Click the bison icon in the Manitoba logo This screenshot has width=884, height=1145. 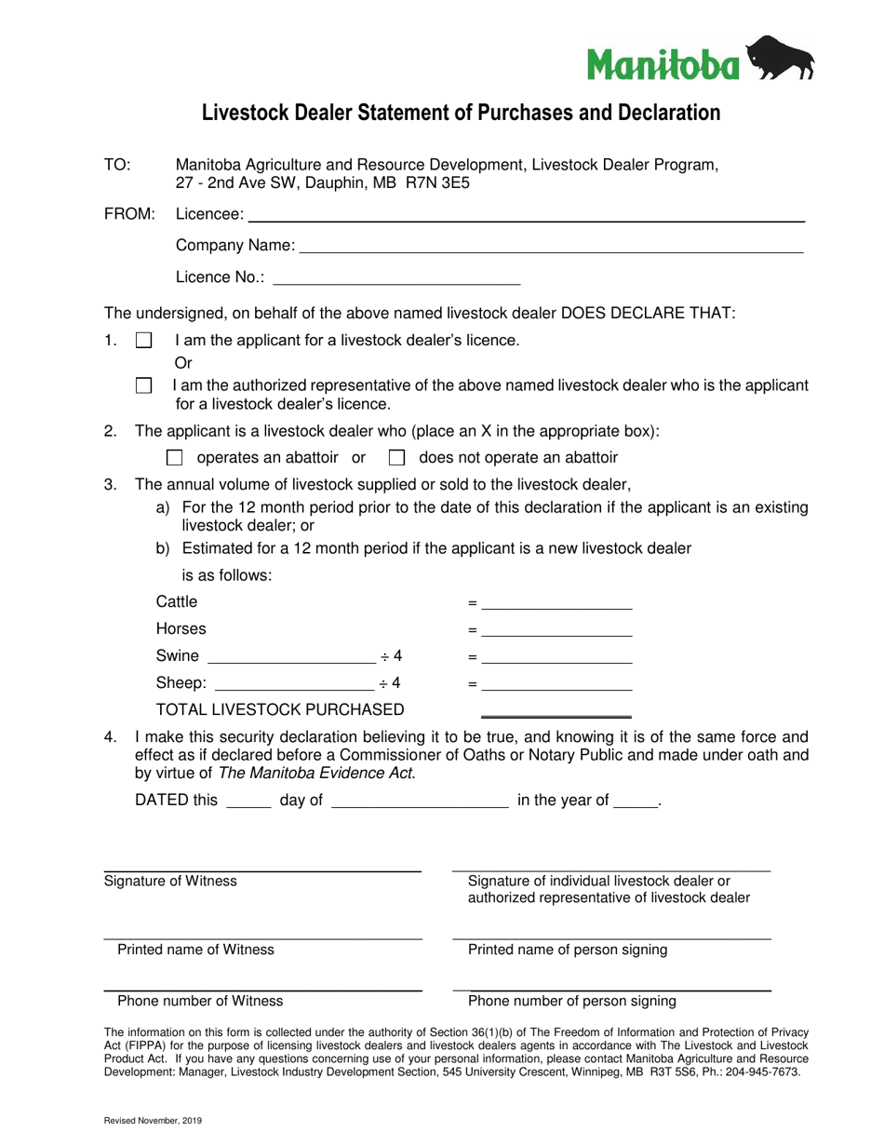[782, 59]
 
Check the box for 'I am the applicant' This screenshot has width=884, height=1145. [143, 341]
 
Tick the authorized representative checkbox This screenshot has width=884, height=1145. [143, 385]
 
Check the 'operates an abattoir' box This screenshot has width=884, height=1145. [174, 458]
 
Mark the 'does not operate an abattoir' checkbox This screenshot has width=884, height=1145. [396, 458]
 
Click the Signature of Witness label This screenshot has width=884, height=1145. [170, 881]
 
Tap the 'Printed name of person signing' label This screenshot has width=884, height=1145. [568, 950]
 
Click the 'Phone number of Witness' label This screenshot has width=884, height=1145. [200, 1001]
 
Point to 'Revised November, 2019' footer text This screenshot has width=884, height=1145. [153, 1121]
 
